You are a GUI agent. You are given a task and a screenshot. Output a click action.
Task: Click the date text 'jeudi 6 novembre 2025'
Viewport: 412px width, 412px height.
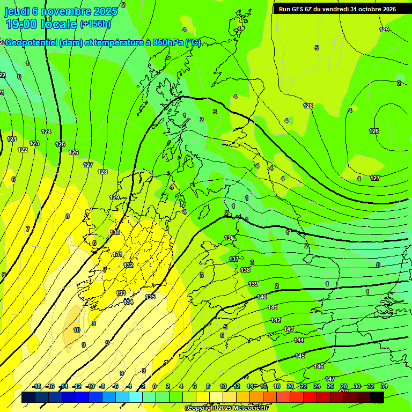(61, 11)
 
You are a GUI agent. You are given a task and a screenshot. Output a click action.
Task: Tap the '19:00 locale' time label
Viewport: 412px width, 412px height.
(42, 24)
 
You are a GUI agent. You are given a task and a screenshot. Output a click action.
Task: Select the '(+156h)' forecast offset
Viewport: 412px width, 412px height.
(95, 24)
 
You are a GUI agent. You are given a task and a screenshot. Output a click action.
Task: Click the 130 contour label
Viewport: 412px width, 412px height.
(115, 233)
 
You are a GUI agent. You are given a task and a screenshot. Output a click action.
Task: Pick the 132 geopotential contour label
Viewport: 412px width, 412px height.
(128, 265)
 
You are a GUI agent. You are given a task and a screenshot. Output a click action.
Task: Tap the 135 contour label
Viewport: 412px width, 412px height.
(151, 297)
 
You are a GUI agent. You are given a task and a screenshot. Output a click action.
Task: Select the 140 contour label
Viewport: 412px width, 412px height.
(262, 297)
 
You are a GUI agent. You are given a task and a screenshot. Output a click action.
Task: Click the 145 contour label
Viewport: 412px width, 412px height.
(300, 356)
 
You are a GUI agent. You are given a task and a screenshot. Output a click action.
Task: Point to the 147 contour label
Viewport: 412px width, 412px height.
(330, 379)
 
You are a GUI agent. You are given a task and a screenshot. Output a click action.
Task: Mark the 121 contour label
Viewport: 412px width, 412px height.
(12, 139)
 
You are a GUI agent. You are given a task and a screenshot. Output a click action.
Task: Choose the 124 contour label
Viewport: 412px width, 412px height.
(47, 131)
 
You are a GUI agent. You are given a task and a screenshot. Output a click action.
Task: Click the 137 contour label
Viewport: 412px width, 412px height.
(234, 259)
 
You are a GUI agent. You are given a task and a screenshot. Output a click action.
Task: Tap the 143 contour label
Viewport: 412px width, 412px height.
(289, 329)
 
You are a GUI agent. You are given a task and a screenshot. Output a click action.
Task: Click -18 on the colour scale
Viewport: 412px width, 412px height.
(37, 386)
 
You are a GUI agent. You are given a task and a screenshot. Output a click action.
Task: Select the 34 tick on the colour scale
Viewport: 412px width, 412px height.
(384, 386)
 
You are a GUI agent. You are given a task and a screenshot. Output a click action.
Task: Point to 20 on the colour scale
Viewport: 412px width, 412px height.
(290, 386)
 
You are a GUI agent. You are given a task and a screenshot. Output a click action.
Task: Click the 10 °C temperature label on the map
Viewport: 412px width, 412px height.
(77, 330)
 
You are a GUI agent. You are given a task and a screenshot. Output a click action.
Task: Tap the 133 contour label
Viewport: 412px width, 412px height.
(121, 293)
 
